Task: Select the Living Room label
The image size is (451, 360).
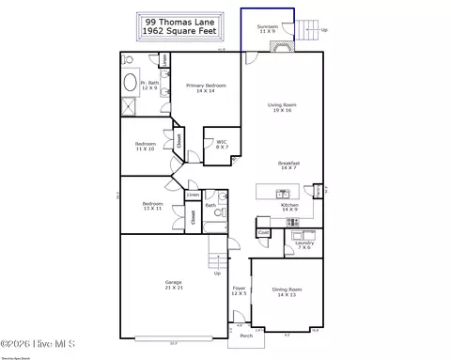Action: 281,108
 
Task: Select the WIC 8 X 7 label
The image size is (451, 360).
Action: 222,145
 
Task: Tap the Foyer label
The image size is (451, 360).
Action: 240,290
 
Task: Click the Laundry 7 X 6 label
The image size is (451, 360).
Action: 303,246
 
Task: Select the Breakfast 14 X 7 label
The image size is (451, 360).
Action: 288,164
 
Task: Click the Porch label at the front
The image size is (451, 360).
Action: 245,335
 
